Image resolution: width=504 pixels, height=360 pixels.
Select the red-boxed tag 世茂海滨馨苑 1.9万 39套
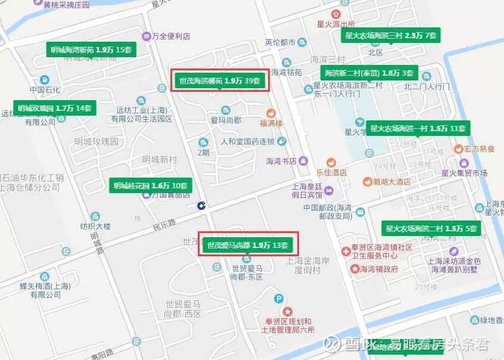coord(220,80)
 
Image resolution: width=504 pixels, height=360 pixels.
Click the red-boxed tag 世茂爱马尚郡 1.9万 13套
coord(247,245)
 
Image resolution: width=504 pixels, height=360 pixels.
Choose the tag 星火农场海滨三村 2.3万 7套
coord(391,36)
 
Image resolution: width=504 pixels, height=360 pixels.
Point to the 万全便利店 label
coord(170,36)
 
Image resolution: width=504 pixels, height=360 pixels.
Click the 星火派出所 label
coord(336,24)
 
